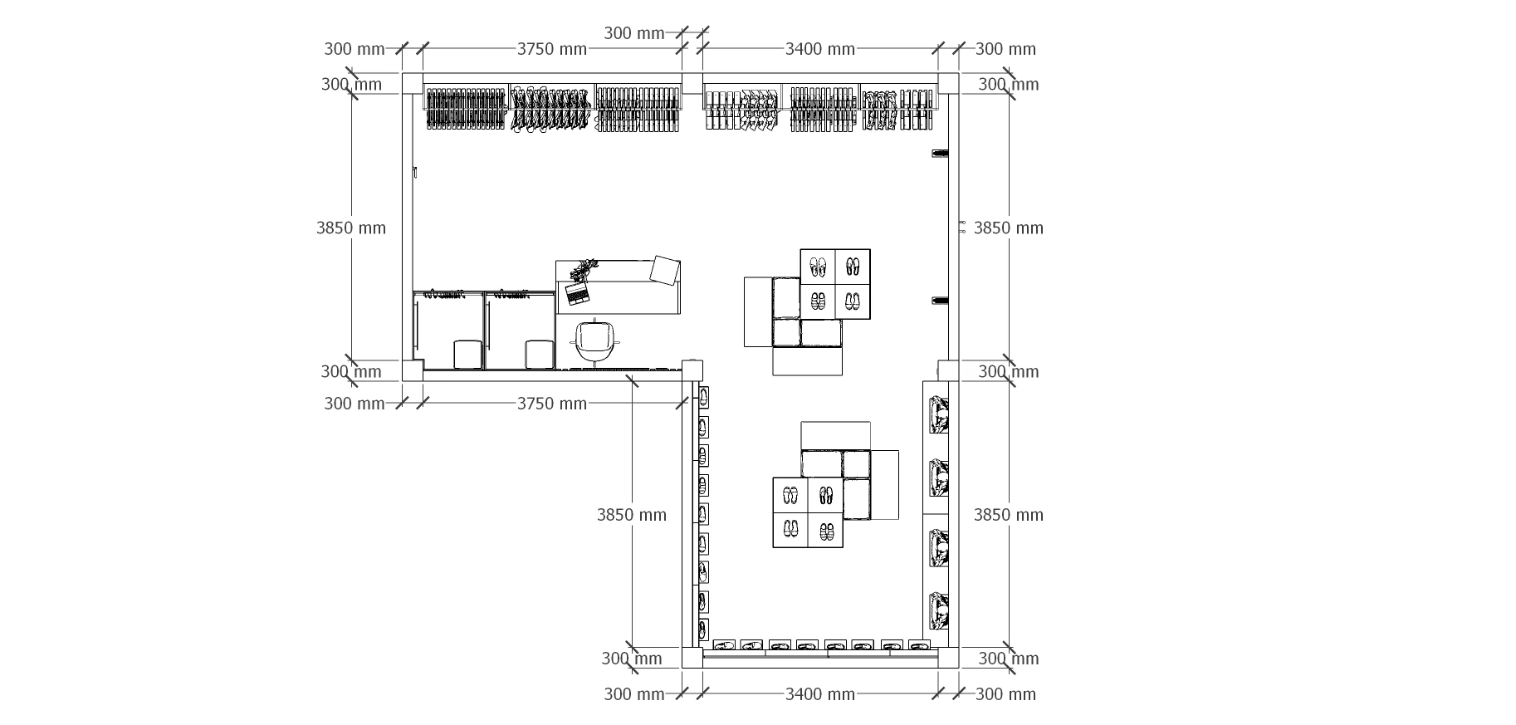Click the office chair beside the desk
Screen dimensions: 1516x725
tap(596, 341)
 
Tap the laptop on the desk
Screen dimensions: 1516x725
tap(576, 292)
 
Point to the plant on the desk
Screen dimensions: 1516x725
tap(584, 269)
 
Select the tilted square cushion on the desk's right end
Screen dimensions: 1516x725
tap(665, 270)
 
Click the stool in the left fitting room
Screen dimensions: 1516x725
tap(468, 355)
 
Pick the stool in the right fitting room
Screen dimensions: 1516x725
tap(540, 355)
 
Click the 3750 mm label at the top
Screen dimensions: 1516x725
tap(552, 49)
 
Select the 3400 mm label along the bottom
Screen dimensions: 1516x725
tap(820, 694)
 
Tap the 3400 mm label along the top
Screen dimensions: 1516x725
tap(820, 49)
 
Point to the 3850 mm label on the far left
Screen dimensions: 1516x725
tap(351, 228)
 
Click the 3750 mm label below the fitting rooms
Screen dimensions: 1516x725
tap(552, 404)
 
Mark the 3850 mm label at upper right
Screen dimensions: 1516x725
tap(1009, 228)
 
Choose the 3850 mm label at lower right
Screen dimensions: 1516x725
tap(1009, 515)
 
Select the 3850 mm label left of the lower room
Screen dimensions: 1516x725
tap(632, 515)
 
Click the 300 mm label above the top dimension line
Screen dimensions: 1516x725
tap(634, 33)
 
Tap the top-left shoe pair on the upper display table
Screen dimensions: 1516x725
tap(819, 267)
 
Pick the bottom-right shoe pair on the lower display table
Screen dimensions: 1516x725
tap(826, 531)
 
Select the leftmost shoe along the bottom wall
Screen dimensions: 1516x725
tap(725, 644)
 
